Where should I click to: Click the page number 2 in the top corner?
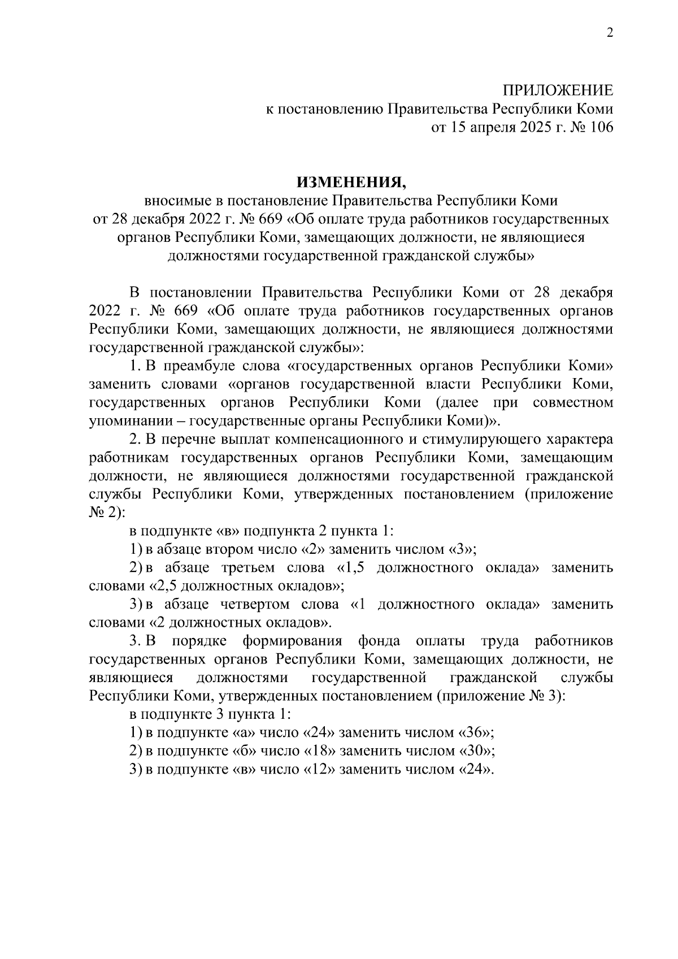pyautogui.click(x=610, y=33)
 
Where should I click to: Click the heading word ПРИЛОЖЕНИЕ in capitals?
pyautogui.click(x=558, y=91)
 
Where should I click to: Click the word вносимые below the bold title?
pyautogui.click(x=177, y=201)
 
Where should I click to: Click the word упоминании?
pyautogui.click(x=134, y=421)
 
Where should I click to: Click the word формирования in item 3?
pyautogui.click(x=293, y=641)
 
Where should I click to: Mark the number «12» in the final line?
pyautogui.click(x=320, y=770)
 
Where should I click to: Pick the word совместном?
pyautogui.click(x=573, y=402)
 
